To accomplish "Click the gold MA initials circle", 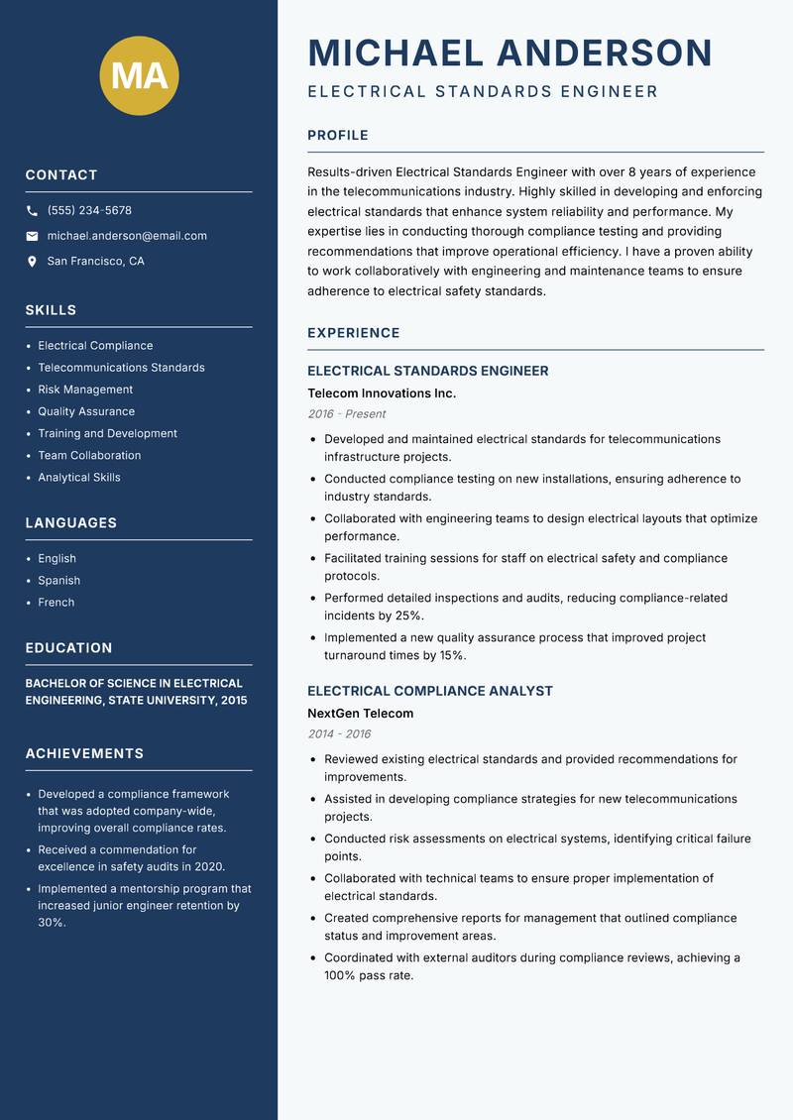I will (x=140, y=75).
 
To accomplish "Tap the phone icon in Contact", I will (x=32, y=211).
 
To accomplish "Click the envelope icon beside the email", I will (x=32, y=236).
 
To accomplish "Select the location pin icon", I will (x=32, y=262).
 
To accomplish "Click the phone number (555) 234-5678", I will (x=89, y=211).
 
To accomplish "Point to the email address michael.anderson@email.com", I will (x=127, y=236).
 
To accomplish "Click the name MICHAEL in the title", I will (x=396, y=53).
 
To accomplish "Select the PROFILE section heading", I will (x=338, y=136).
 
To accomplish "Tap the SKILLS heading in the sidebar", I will (x=51, y=310).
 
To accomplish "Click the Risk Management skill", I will (x=85, y=390).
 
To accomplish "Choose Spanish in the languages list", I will (x=59, y=581).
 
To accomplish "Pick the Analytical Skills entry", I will (x=79, y=478).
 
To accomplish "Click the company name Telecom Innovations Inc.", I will (x=382, y=393).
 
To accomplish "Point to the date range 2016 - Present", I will (x=346, y=414).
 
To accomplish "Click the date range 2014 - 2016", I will (x=339, y=734).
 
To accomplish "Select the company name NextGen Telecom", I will (x=361, y=714).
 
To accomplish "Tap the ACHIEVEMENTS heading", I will (x=84, y=754).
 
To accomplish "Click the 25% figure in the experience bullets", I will (x=409, y=616).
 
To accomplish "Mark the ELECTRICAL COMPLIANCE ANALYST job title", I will (x=430, y=691).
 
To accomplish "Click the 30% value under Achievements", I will (x=52, y=923).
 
